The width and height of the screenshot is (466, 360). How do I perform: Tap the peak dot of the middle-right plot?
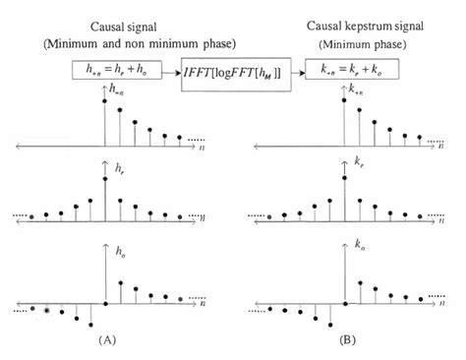click(344, 177)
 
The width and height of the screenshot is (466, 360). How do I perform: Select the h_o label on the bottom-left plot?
click(119, 254)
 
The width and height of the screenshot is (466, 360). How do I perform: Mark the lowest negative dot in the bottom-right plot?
click(328, 323)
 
